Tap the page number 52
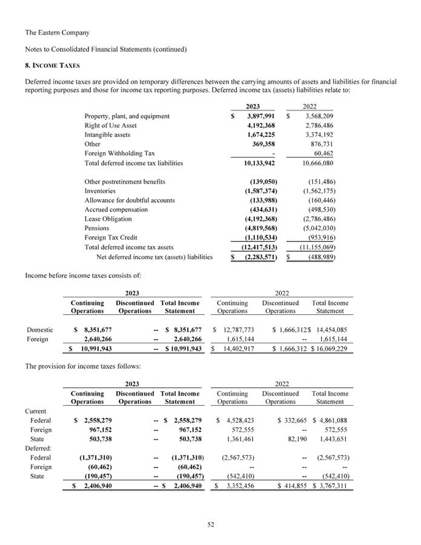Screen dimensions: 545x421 point(210,524)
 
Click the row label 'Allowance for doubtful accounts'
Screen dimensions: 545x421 point(129,200)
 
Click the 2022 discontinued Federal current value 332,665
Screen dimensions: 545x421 point(293,420)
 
